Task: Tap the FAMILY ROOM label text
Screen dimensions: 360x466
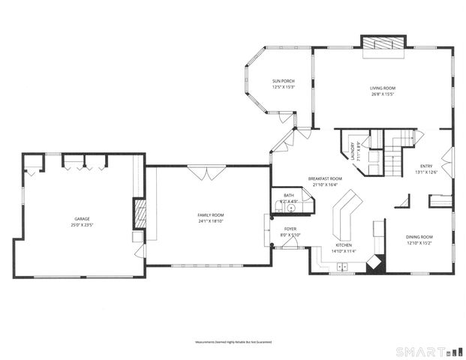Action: pyautogui.click(x=211, y=215)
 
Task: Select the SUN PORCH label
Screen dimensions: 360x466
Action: pyautogui.click(x=282, y=82)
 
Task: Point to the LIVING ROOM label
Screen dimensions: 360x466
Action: pyautogui.click(x=383, y=88)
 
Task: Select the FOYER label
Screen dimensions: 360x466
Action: pyautogui.click(x=290, y=229)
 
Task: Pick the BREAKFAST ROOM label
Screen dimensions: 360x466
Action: pyautogui.click(x=325, y=178)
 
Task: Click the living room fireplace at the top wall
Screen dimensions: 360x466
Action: pyautogui.click(x=383, y=44)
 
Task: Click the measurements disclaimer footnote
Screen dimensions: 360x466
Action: pyautogui.click(x=233, y=341)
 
